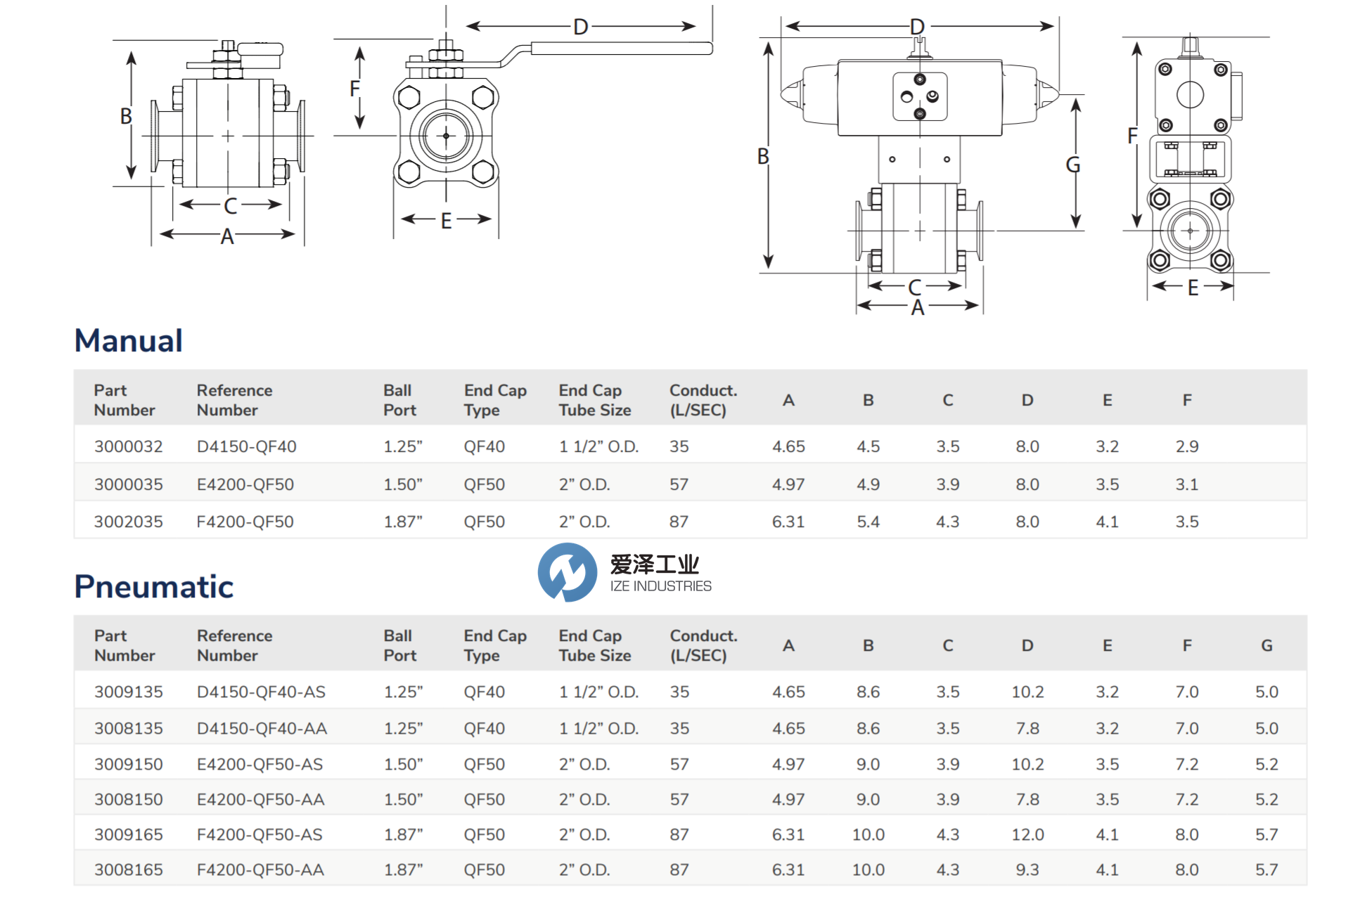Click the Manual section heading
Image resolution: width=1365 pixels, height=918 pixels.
(x=129, y=341)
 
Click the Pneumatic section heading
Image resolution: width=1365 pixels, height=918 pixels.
(x=154, y=587)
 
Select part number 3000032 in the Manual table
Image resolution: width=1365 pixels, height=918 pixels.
(x=128, y=446)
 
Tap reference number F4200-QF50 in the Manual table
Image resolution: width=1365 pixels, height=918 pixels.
(x=245, y=522)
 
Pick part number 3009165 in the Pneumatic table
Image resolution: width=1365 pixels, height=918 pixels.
(x=128, y=834)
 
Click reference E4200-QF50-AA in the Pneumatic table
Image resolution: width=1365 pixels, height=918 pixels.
(x=260, y=799)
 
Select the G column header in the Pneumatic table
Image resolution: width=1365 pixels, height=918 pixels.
(x=1267, y=645)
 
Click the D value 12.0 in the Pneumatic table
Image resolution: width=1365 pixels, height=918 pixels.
(x=1027, y=834)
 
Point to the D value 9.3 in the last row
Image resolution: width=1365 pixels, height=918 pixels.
(x=1027, y=869)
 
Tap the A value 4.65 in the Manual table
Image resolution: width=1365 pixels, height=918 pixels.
(x=788, y=446)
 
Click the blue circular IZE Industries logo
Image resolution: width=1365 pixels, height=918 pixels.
(x=567, y=572)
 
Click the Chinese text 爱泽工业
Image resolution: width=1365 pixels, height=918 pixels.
(x=654, y=564)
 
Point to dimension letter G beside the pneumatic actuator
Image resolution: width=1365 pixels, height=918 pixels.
(x=1072, y=164)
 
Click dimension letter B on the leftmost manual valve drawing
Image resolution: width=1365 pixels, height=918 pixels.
(x=126, y=116)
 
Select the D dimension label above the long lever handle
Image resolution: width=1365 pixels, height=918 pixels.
(x=580, y=27)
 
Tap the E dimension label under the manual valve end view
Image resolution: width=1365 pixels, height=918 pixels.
(x=446, y=221)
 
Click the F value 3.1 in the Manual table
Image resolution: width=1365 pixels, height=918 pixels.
(x=1186, y=484)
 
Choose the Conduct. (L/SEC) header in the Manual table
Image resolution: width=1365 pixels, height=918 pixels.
(x=703, y=400)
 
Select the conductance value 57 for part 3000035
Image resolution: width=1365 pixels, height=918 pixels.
(x=679, y=484)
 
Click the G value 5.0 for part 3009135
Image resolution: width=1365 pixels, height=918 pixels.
(x=1267, y=692)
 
